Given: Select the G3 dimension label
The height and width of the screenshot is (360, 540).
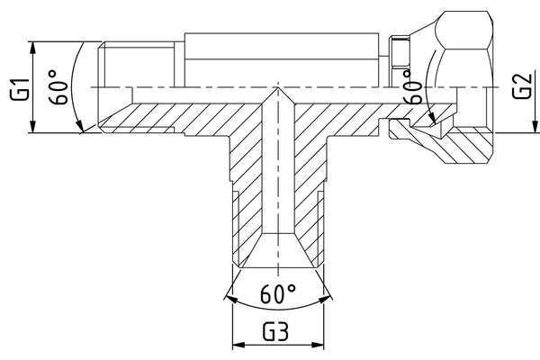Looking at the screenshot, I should pos(276,330).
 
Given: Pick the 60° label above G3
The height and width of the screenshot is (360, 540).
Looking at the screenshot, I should pos(278,294).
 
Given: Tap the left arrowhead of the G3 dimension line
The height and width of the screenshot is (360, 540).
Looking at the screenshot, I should pos(237,345).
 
